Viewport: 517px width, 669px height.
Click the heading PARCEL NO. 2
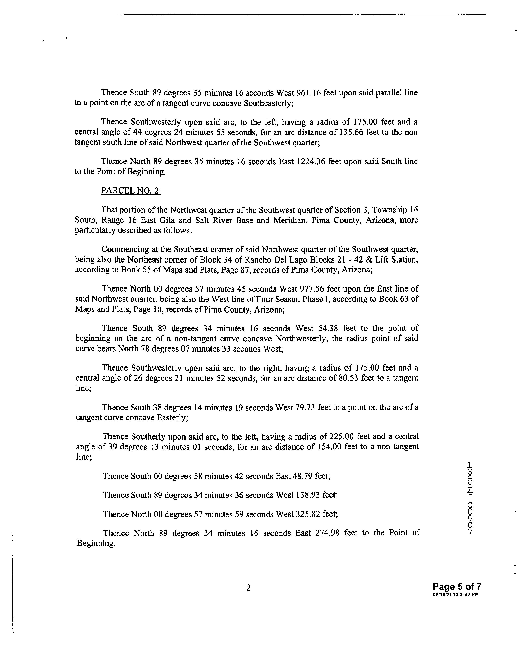131,191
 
